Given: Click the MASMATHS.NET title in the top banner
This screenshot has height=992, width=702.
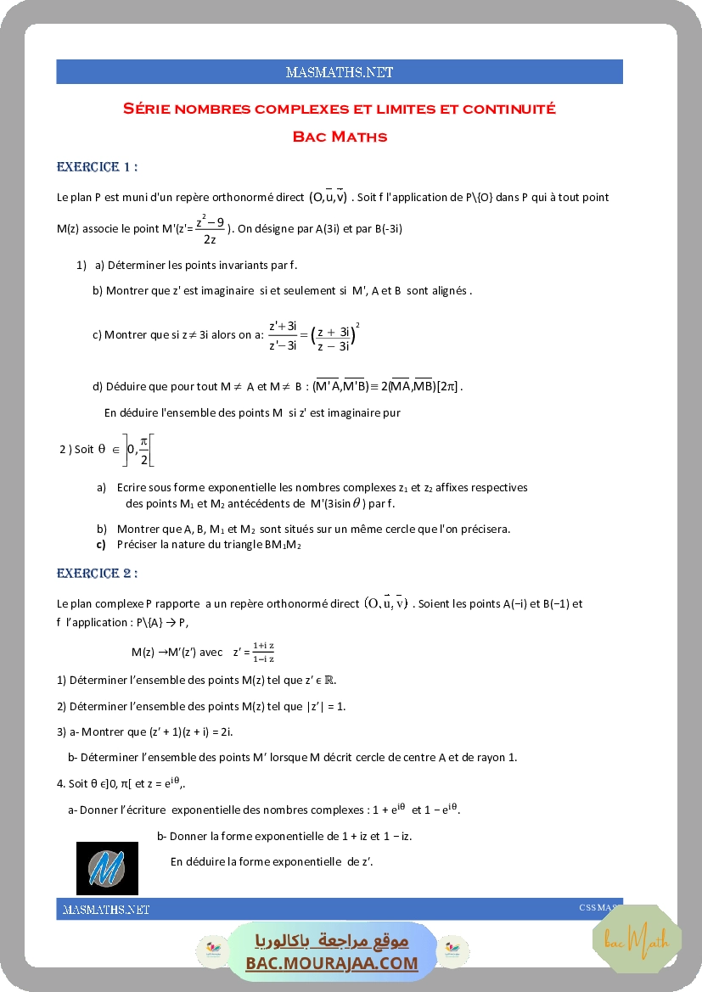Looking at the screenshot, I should pos(340,72).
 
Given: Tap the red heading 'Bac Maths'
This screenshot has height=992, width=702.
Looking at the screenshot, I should pos(340,137).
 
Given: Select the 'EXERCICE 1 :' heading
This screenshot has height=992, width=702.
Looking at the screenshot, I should pos(97,166).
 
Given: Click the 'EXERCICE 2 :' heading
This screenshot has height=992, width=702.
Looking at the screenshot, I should pos(97,574).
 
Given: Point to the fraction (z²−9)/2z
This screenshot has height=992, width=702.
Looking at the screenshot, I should pos(210,229).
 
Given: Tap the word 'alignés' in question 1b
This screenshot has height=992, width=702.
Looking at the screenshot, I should pos(450,291).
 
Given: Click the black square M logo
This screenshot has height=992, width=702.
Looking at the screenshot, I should pos(107,868).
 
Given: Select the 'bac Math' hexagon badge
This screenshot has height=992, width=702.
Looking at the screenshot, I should pos(637,939).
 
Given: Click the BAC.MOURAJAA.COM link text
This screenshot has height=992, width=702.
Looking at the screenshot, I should pos(332,963).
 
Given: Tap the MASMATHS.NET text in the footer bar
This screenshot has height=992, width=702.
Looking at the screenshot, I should pos(106,910).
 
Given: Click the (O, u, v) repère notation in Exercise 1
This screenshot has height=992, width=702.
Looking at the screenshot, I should pos(328,198).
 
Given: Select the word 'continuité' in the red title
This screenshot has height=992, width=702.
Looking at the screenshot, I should pos(512,109).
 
